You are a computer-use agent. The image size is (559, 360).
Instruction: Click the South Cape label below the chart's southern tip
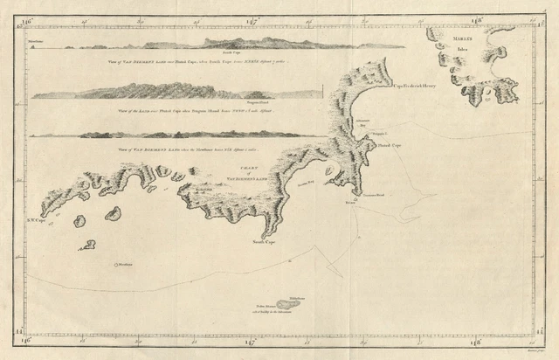(x=264, y=241)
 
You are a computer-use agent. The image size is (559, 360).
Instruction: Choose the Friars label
(x=351, y=203)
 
